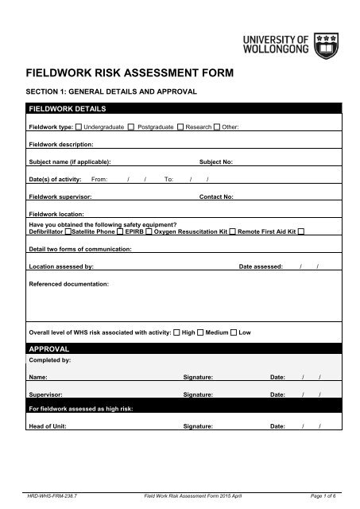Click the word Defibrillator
[x=46, y=230]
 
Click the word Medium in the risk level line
[x=216, y=332]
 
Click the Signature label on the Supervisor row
[x=199, y=394]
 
